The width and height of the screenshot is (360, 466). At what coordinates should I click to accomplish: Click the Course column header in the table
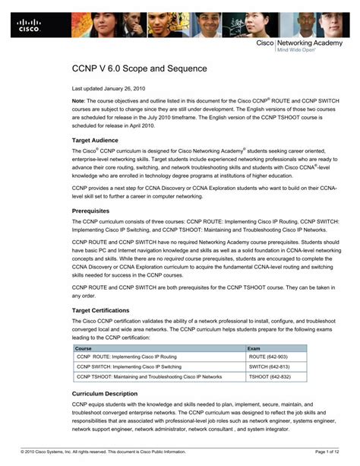coord(84,348)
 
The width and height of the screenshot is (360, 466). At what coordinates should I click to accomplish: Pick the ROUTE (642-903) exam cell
coord(268,357)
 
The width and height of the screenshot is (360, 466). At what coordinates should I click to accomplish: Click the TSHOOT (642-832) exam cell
coord(270,376)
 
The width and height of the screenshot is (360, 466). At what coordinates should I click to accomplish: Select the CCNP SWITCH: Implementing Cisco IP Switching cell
coord(129,366)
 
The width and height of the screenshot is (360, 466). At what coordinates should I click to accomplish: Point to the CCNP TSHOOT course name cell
coord(149,376)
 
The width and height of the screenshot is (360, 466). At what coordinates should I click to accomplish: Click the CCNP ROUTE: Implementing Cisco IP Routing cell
coord(126,357)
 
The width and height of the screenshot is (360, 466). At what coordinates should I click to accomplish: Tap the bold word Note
coord(78,101)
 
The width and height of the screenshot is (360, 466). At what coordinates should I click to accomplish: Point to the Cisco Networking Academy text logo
coord(307,46)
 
